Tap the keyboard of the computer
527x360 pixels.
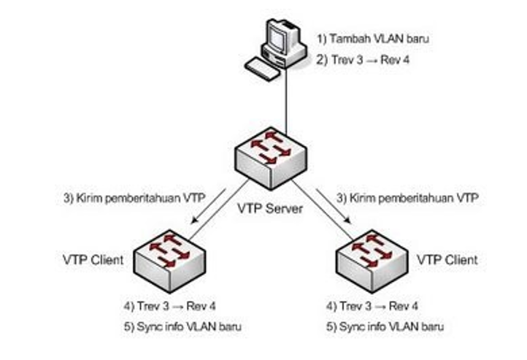[263, 68]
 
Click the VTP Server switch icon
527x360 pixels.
[271, 154]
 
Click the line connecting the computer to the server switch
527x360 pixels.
[285, 102]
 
